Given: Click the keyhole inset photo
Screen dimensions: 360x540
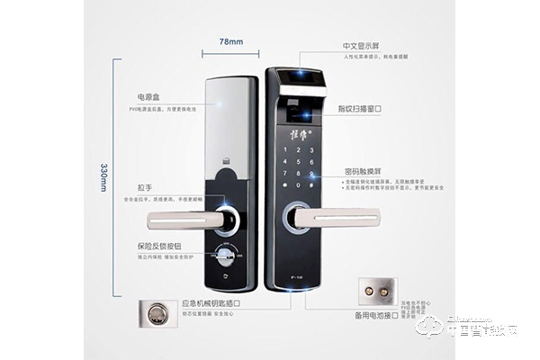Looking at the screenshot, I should [x=157, y=314].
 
